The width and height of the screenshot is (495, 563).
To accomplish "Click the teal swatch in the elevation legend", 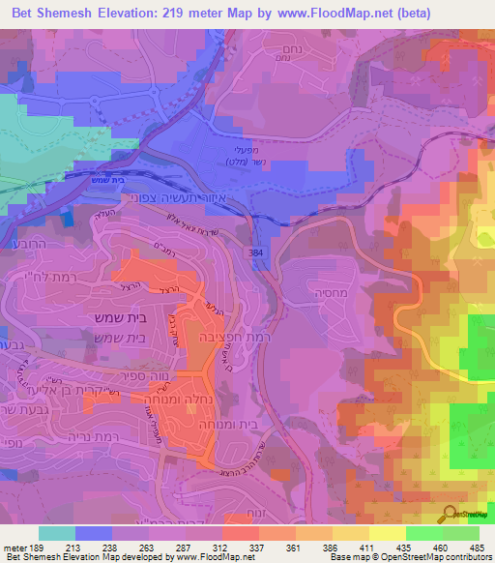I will point(56,533).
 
